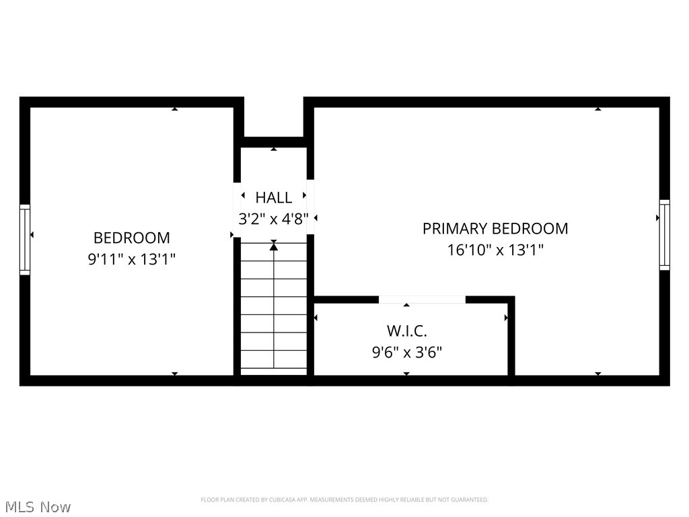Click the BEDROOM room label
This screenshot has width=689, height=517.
131,238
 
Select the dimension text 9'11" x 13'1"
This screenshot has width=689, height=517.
131,259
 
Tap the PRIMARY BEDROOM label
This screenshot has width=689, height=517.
495,229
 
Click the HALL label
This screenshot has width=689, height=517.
274,198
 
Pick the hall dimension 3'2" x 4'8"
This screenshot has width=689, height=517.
274,219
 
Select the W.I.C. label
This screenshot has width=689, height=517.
406,331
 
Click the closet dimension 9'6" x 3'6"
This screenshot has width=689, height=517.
406,351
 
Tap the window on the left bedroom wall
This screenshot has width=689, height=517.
25,240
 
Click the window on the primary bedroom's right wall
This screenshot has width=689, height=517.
664,235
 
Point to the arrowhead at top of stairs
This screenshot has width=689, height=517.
274,247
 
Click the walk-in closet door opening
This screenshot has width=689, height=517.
422,300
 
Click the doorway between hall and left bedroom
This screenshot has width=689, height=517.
238,208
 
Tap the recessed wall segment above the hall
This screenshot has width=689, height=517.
274,141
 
